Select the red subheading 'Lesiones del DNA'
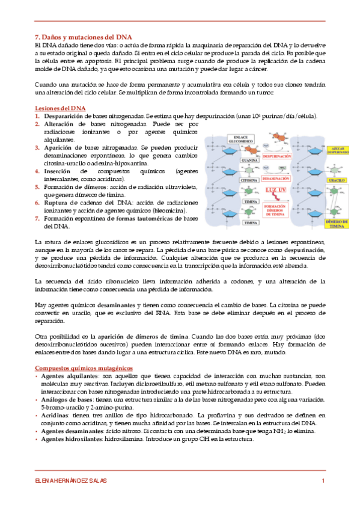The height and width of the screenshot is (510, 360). (61, 108)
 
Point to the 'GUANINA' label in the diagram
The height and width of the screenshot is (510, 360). (249, 161)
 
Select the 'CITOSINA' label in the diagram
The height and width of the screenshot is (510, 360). (249, 180)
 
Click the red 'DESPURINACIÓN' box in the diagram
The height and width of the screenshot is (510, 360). (276, 155)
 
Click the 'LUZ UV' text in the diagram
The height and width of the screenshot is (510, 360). (276, 190)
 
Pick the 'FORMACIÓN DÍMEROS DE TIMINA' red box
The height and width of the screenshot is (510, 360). (277, 209)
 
